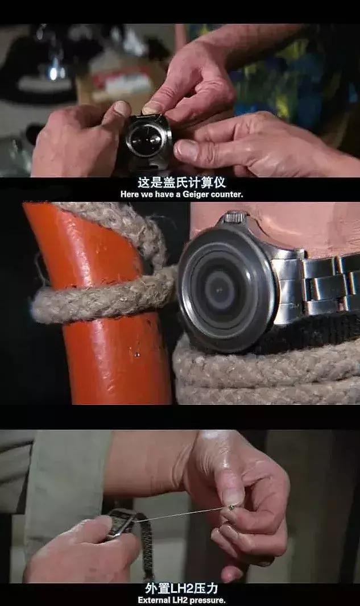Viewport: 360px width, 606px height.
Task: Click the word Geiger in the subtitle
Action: [x=191, y=194]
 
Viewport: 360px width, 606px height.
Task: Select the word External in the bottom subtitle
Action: [x=155, y=599]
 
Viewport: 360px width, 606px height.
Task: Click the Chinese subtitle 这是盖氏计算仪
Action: [x=182, y=183]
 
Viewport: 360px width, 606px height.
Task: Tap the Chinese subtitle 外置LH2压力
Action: [x=181, y=588]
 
